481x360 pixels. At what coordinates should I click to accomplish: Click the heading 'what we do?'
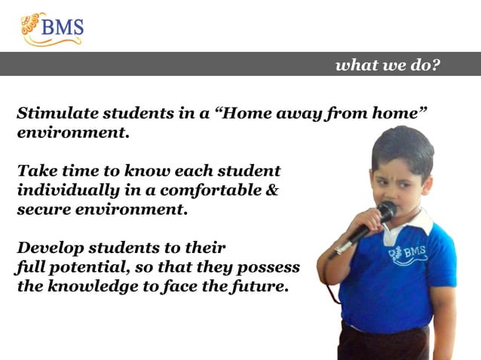(x=388, y=65)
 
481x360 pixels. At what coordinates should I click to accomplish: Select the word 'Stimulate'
(x=51, y=114)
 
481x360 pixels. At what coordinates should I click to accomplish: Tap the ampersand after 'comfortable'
(x=273, y=191)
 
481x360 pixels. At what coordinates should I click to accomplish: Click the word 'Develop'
(x=47, y=248)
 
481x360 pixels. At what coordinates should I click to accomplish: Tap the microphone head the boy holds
(x=388, y=211)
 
